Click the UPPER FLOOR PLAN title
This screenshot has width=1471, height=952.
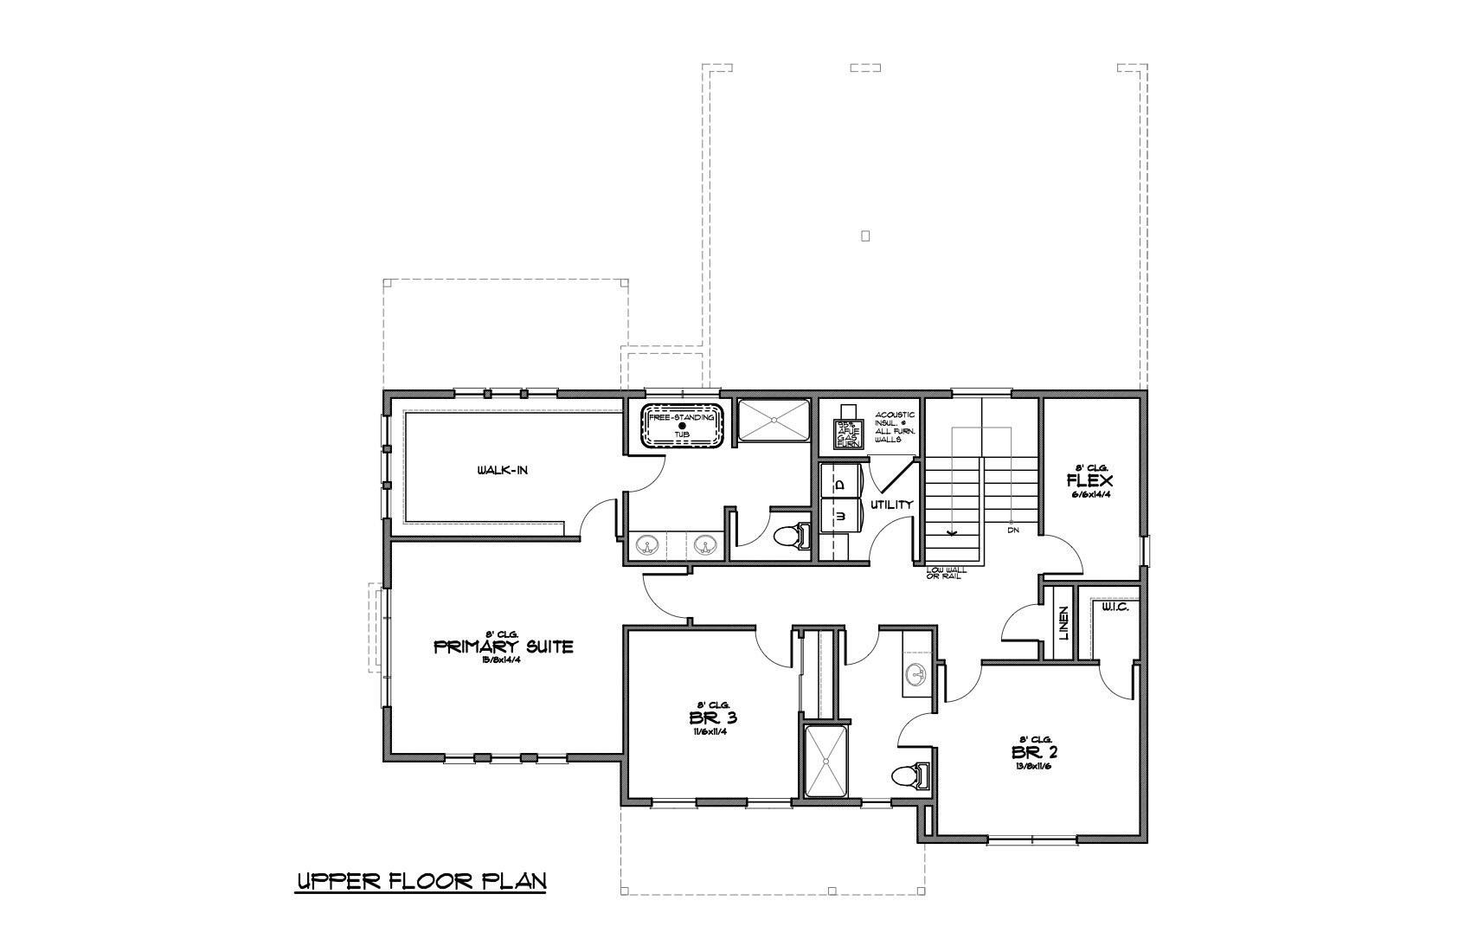pos(421,881)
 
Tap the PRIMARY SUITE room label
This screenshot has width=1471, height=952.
pos(503,646)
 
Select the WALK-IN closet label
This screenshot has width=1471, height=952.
pos(502,471)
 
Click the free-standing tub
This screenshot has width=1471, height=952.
pos(682,426)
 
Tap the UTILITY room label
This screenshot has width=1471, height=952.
pos(891,505)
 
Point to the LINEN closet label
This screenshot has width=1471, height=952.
pos(1063,623)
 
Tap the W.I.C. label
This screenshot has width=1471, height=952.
pos(1114,608)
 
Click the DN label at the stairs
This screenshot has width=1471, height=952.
pos(1012,530)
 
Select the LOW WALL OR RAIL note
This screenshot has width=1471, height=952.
pos(946,573)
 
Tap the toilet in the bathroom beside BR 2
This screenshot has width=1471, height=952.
pos(909,776)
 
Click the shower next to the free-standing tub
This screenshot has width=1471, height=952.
pos(773,421)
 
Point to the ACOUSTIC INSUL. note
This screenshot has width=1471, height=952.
pos(895,428)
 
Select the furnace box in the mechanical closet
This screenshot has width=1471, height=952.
pos(845,431)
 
